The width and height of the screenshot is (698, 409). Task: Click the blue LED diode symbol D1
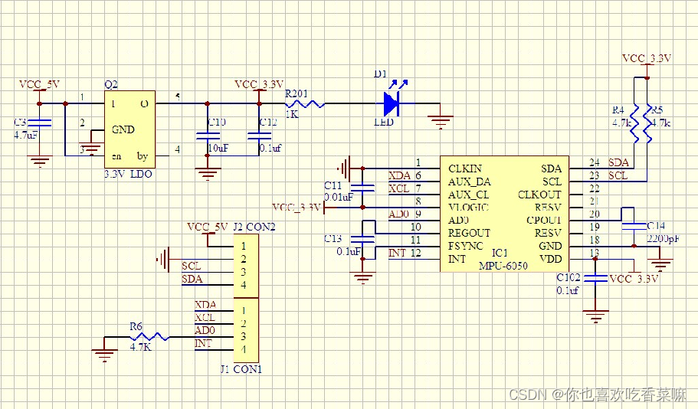point(392,103)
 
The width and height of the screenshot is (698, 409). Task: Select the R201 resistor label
point(297,93)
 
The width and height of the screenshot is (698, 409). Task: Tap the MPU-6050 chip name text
point(503,265)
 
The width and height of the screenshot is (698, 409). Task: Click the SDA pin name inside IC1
point(550,169)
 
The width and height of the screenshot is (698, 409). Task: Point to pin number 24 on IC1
point(594,162)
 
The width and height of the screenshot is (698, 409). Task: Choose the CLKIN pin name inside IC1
point(465,169)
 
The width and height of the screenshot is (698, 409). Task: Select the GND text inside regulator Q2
point(123,129)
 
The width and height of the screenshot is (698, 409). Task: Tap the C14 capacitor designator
point(657,226)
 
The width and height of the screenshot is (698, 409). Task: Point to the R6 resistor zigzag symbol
point(152,336)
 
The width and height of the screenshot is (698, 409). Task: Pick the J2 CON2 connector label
point(253,227)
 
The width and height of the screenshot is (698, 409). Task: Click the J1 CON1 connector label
point(241,368)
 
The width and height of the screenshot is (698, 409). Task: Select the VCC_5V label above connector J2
point(208,227)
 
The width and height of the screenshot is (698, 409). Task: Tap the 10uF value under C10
point(218,147)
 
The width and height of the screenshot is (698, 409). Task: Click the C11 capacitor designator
point(333,186)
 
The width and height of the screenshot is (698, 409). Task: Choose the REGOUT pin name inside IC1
point(469,233)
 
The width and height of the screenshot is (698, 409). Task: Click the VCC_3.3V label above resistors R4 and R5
point(647,58)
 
